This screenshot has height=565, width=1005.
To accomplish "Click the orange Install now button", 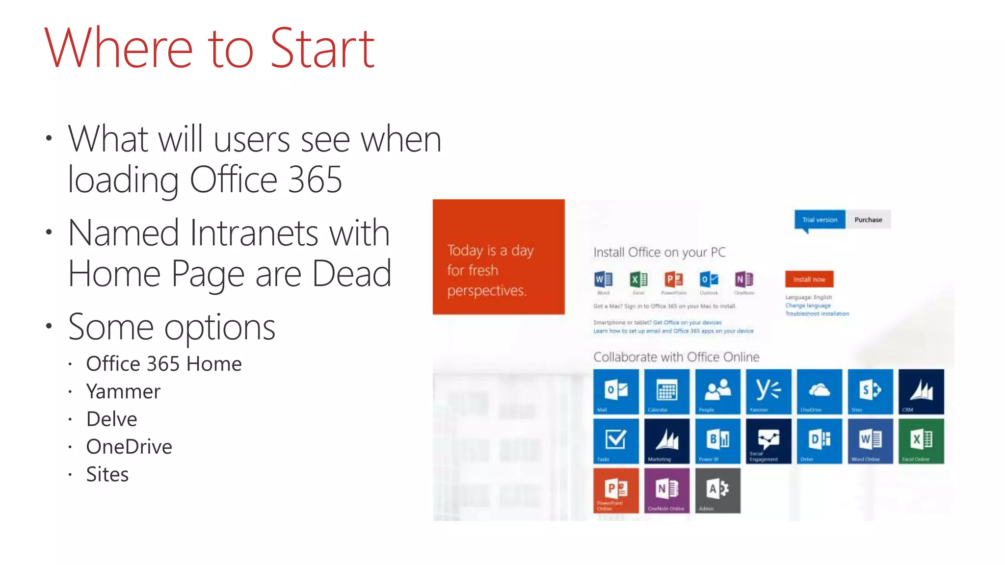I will pyautogui.click(x=809, y=279).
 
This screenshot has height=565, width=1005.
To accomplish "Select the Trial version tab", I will pyautogui.click(x=820, y=220).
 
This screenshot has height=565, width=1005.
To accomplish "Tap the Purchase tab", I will pyautogui.click(x=868, y=220).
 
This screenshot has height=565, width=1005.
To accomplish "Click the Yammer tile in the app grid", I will pyautogui.click(x=768, y=391).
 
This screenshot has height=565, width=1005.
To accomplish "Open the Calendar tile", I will pyautogui.click(x=666, y=391).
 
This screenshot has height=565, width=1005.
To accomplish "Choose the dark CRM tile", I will pyautogui.click(x=921, y=391).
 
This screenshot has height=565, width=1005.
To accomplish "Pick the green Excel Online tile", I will pyautogui.click(x=921, y=441).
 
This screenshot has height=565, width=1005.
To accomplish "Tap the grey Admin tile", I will pyautogui.click(x=717, y=490).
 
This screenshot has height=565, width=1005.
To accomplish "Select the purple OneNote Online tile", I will pyautogui.click(x=666, y=490).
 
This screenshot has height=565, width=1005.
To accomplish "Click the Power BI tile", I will pyautogui.click(x=717, y=441).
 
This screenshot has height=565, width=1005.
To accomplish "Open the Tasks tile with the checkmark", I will pyautogui.click(x=616, y=441).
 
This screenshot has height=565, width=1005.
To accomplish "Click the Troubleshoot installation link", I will pyautogui.click(x=817, y=314).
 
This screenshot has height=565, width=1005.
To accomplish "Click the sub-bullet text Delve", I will pyautogui.click(x=111, y=419).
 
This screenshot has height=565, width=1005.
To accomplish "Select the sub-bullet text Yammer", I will pyautogui.click(x=123, y=392).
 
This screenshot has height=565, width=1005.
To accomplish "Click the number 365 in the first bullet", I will pyautogui.click(x=315, y=180).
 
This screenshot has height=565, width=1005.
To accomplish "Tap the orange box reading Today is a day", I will pyautogui.click(x=499, y=257).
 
